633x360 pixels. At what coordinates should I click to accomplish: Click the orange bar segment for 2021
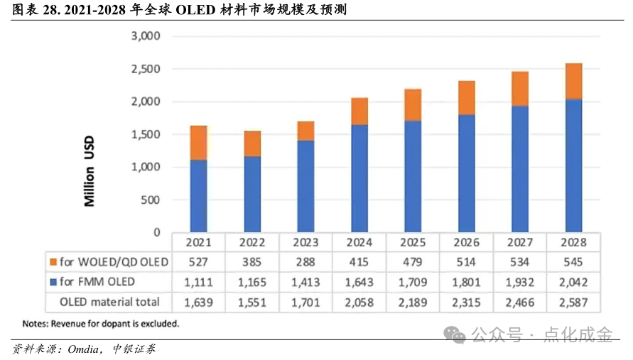198,143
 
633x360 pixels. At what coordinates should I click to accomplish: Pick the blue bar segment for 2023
305,186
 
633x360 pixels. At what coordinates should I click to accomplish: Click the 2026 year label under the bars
466,243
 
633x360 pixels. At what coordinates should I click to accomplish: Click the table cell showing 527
198,262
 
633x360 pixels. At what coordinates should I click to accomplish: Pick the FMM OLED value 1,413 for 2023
305,282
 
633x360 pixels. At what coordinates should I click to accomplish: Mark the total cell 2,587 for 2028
573,302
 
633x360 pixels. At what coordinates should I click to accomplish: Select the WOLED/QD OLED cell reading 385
252,262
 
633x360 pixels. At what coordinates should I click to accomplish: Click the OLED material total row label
110,302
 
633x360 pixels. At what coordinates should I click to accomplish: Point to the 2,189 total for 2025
413,302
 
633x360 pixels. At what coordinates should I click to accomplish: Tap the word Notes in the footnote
34,324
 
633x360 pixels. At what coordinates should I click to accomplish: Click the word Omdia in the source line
87,349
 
